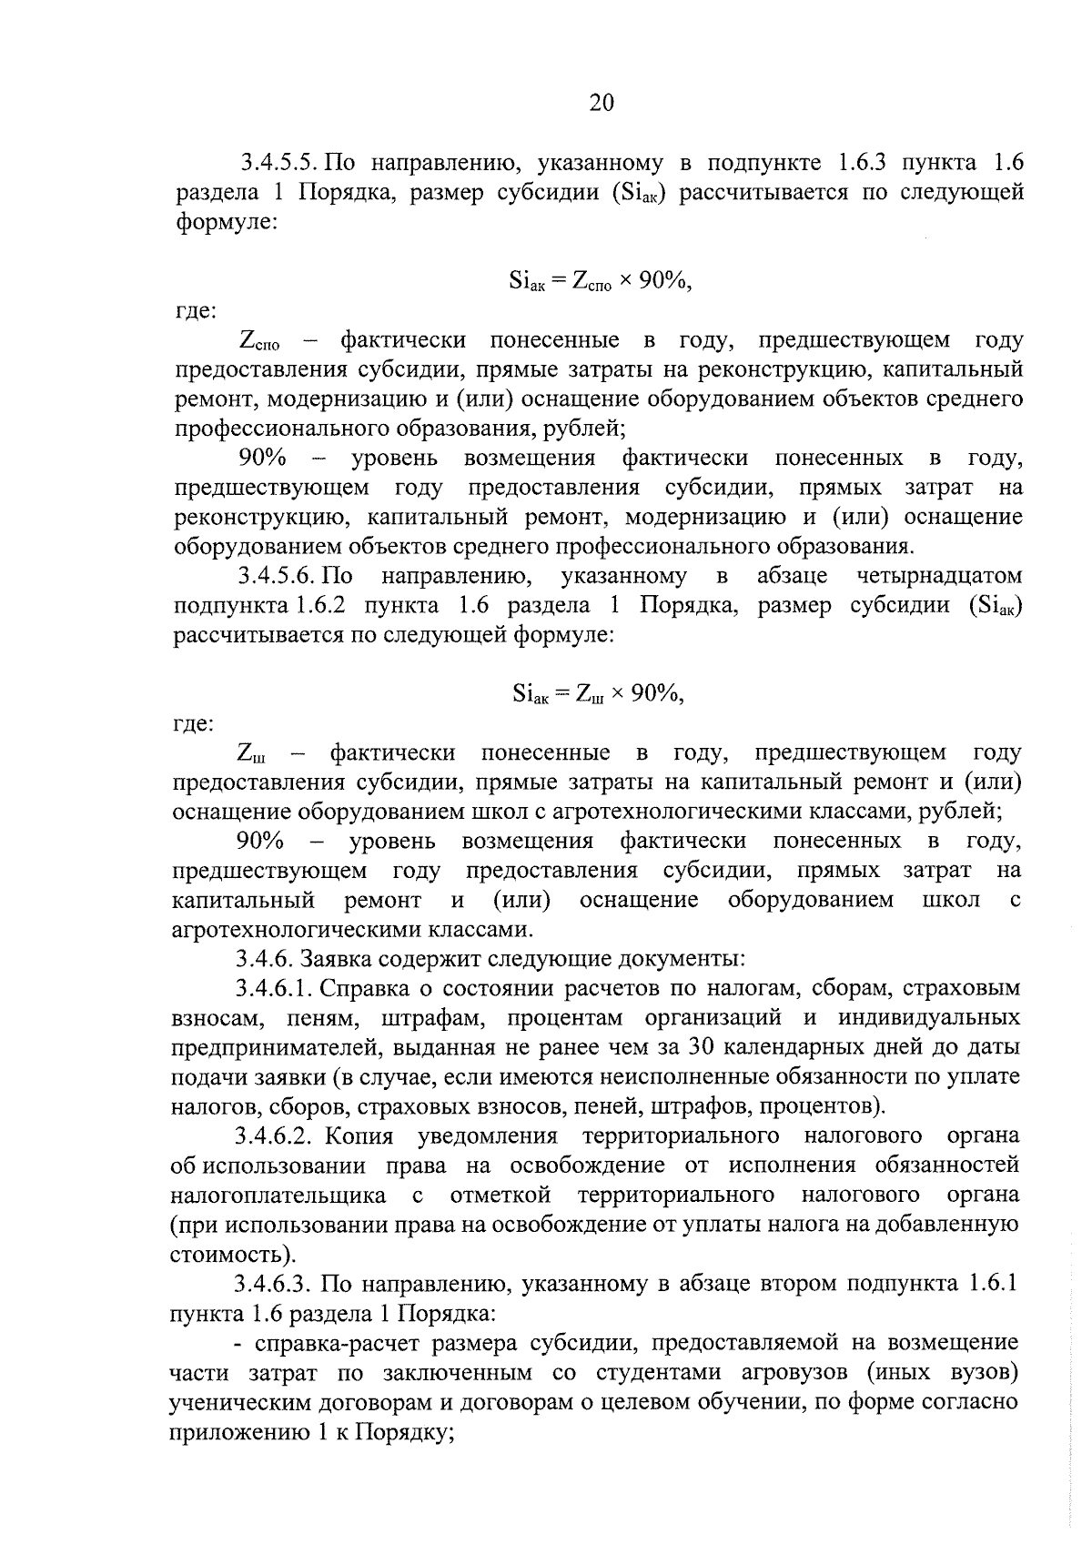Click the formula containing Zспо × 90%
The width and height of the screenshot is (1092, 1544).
tap(602, 282)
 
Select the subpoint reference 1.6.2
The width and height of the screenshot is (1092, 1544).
tap(307, 607)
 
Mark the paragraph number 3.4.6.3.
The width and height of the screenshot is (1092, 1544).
tap(274, 1285)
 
